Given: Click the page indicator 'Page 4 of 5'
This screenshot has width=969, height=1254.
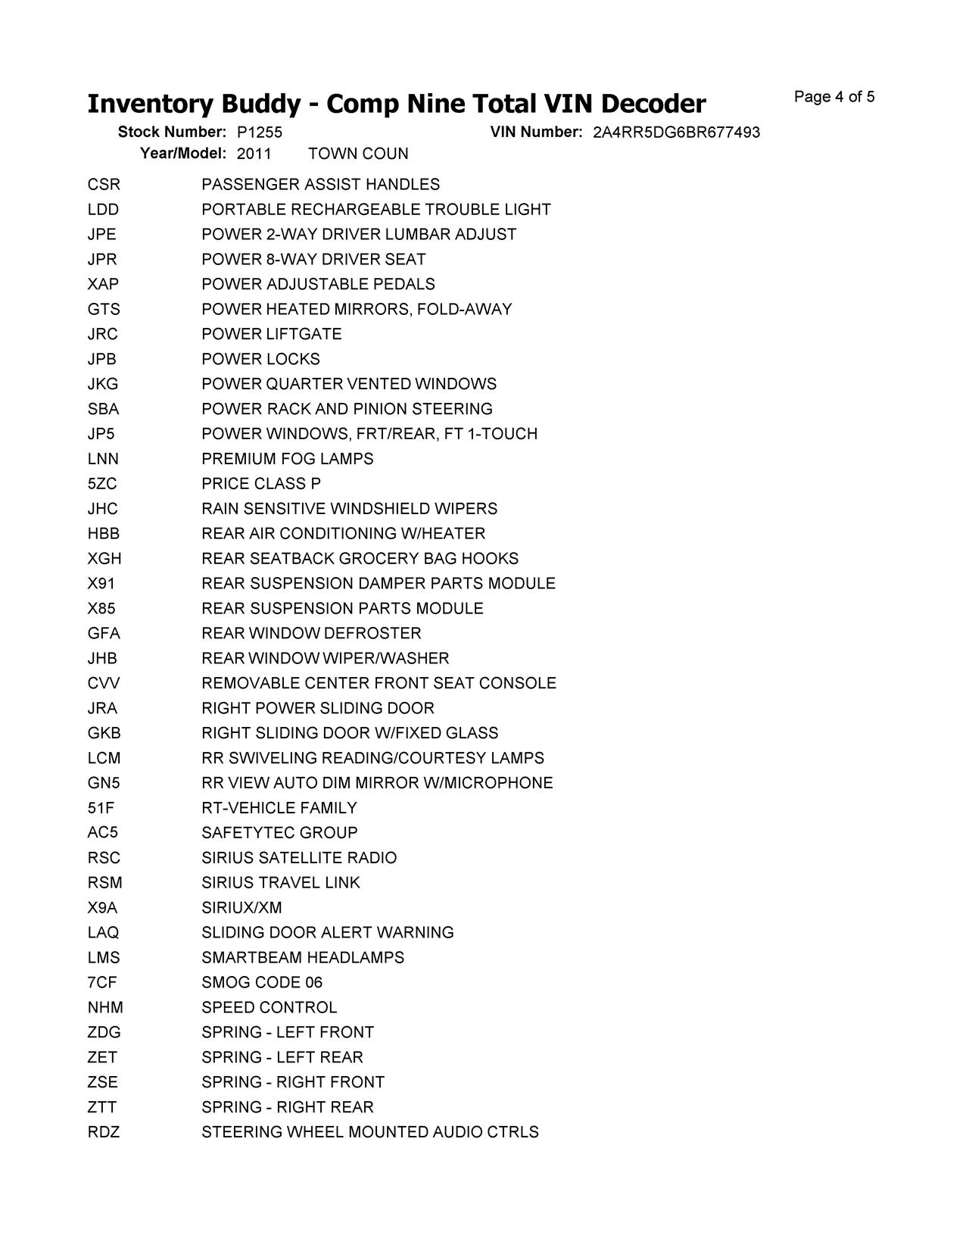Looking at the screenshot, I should (834, 97).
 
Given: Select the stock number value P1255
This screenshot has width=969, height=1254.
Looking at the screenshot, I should (259, 133).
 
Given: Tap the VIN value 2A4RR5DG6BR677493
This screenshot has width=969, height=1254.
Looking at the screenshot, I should (676, 133).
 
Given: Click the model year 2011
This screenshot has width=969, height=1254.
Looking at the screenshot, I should (254, 154).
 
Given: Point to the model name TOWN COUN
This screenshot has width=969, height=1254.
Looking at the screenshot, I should (358, 154).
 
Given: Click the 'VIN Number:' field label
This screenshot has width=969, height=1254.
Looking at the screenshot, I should (536, 132).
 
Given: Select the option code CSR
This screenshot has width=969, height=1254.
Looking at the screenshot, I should (104, 185).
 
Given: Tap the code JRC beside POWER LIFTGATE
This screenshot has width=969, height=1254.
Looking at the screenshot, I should (102, 334).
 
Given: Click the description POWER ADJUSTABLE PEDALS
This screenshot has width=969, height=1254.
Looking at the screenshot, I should (318, 284).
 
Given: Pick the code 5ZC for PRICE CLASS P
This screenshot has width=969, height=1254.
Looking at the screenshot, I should (102, 484).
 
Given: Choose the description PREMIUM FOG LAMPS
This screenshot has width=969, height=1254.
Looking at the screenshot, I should (287, 459).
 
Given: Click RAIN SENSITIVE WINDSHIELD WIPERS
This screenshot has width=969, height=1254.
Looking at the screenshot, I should (349, 509).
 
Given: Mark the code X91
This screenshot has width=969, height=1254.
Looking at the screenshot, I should (101, 584).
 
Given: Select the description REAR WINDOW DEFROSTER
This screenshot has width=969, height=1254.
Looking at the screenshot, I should (311, 633).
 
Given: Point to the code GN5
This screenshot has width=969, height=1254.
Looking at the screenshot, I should (104, 783).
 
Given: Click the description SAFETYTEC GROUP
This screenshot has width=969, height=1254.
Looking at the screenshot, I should (279, 833).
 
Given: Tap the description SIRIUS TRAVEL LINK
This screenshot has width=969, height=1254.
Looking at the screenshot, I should (281, 883).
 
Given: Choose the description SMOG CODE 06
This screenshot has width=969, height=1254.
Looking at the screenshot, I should (262, 983).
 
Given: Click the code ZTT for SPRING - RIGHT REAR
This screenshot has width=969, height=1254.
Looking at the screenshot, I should (102, 1107).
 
